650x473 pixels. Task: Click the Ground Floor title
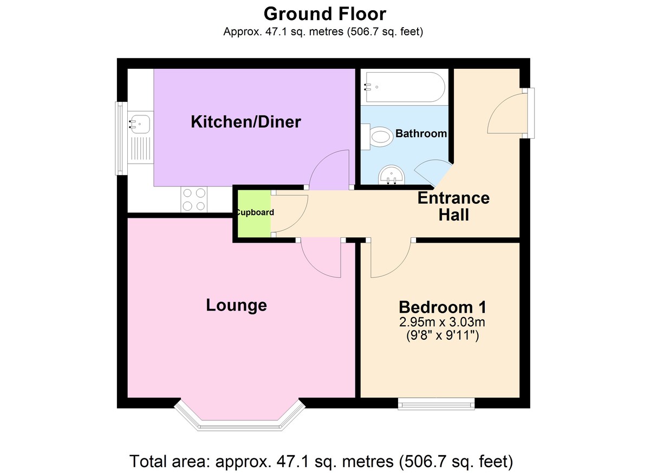click(x=324, y=13)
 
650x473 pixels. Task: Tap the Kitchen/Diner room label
click(x=245, y=122)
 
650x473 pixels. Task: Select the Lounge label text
click(x=236, y=305)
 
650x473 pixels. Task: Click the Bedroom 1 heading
click(x=442, y=307)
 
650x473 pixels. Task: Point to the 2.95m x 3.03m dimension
click(x=442, y=322)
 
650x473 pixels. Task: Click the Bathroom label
click(x=421, y=133)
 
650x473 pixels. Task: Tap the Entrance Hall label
click(x=453, y=206)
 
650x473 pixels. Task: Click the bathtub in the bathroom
click(x=405, y=87)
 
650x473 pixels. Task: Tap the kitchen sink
click(x=140, y=124)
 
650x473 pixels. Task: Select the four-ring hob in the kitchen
click(x=194, y=199)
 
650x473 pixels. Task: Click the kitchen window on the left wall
click(x=118, y=139)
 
